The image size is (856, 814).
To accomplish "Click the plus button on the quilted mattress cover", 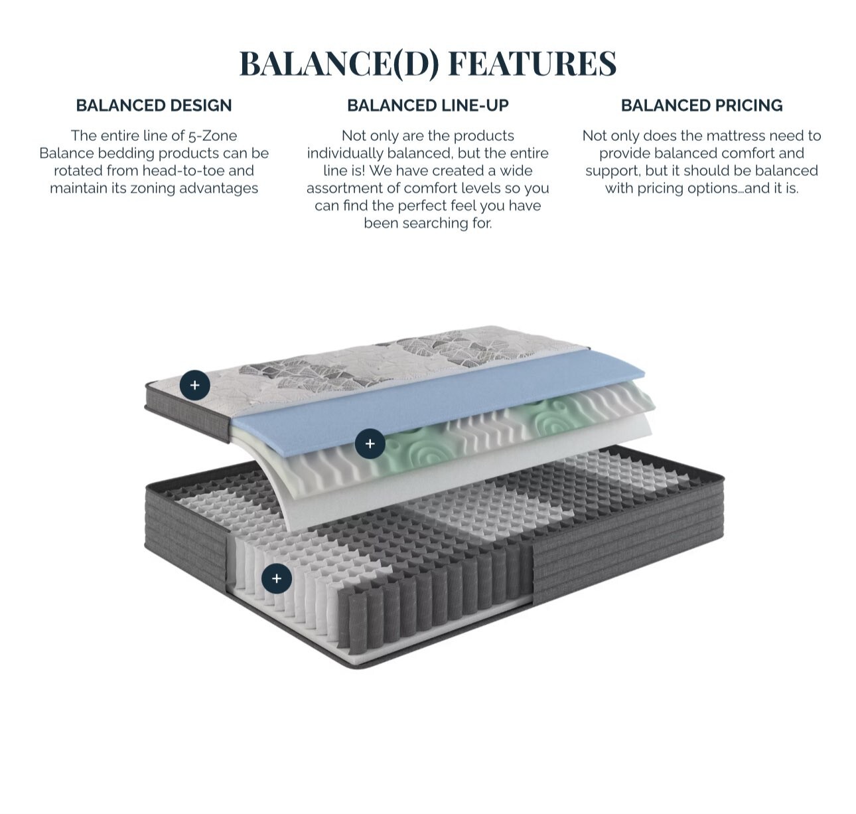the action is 194,385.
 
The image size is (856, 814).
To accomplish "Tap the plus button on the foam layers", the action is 370,444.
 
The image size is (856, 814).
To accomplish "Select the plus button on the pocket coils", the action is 277,578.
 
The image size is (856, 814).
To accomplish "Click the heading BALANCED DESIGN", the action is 154,106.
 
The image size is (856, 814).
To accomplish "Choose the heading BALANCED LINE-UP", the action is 427,106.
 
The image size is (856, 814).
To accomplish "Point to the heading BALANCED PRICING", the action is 701,106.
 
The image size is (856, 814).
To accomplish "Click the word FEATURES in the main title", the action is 532,64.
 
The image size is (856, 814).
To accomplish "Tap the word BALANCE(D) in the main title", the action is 338,64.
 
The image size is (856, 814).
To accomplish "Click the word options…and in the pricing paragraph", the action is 739,189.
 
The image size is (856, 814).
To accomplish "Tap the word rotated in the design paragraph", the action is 78,171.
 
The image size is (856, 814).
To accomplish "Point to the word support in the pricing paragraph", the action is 613,171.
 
